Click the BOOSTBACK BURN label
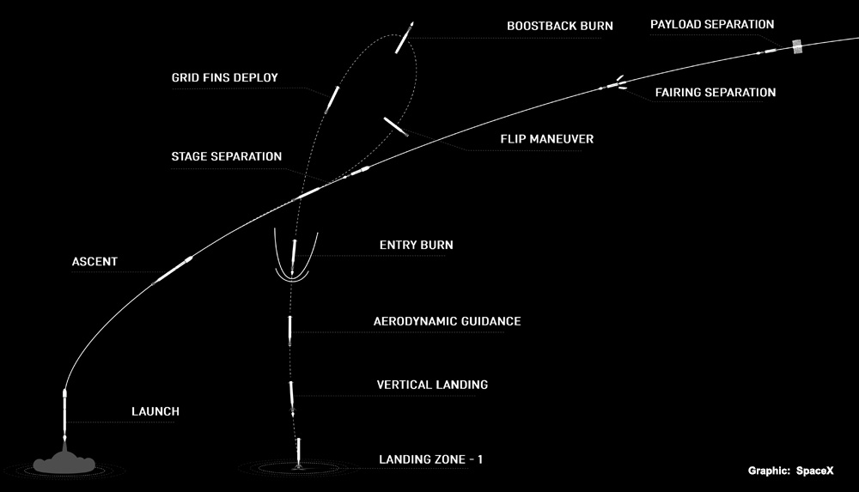559,26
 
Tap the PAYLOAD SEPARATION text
711,24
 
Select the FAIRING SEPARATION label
716,92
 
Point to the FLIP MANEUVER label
546,139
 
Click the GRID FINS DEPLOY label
224,78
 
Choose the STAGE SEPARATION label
226,156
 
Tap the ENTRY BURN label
417,245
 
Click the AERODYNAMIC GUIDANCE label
447,321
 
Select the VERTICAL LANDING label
432,385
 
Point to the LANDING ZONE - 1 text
431,459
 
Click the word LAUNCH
155,411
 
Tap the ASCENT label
94,261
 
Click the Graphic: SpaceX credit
790,471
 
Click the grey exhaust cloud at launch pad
64,464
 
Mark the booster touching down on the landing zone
299,453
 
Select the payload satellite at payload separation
797,46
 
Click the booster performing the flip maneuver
395,126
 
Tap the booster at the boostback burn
405,38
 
